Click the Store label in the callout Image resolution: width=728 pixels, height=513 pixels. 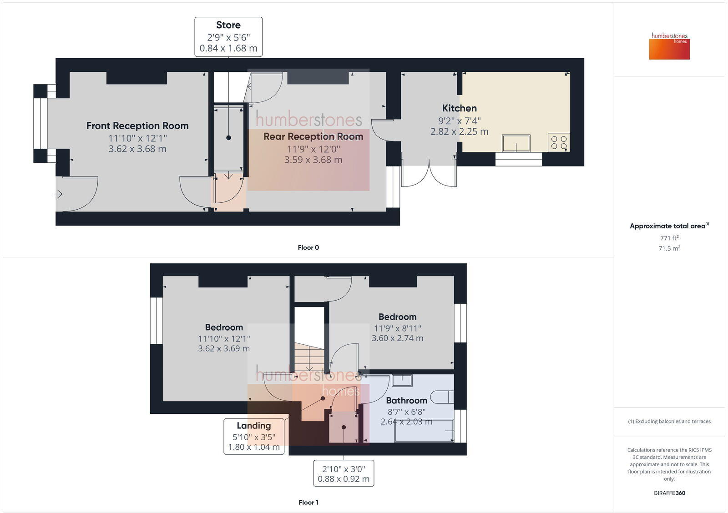coord(228,25)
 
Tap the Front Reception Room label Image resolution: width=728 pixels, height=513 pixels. coord(137,126)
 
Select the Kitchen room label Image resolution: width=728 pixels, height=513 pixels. coord(459,108)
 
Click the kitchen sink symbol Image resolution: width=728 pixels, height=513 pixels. coord(516,143)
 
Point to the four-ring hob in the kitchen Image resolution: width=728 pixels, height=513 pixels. coord(559,142)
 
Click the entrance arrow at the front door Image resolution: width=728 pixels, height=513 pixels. coord(58,194)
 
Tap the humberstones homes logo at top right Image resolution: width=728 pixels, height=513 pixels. coord(669,46)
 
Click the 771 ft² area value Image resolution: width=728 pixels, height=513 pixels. coord(669,238)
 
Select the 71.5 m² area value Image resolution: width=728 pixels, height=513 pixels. coord(669,248)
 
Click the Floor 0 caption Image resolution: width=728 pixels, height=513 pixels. coord(308,247)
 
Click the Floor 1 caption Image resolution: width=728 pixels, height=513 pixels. coord(308,502)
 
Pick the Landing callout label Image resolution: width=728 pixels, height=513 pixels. coord(253,426)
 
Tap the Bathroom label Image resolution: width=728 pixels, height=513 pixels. coord(406,400)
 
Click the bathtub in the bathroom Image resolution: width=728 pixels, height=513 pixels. coord(424,431)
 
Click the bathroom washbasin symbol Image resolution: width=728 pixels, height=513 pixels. coord(402,380)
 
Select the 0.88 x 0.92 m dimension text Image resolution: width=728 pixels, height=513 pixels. coord(344,479)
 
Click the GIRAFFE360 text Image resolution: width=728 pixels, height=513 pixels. coord(669,493)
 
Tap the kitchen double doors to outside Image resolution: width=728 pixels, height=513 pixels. coord(429,175)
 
